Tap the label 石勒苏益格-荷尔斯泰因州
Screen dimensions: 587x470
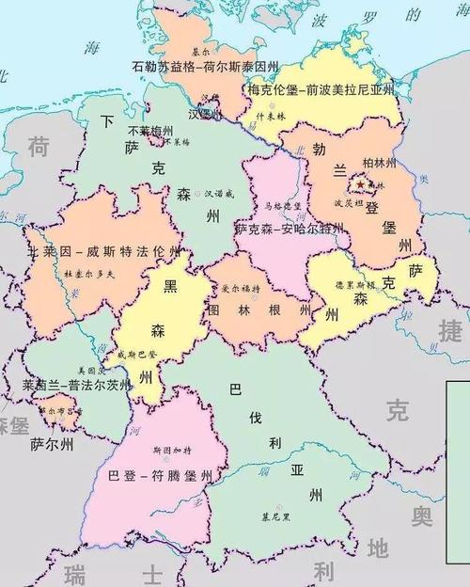tap(206, 68)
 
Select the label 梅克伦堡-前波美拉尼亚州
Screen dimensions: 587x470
tap(322, 89)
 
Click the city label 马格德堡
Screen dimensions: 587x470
tap(282, 205)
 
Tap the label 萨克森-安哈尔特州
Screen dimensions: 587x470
tap(290, 229)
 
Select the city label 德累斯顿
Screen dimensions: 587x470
tap(355, 284)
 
